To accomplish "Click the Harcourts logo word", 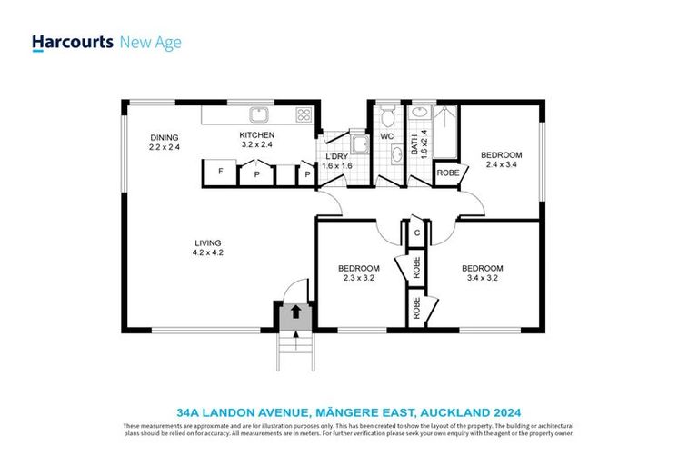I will click(73, 42).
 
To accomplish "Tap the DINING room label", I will click(165, 138).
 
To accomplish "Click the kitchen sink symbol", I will click(259, 114).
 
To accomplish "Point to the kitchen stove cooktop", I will click(304, 114).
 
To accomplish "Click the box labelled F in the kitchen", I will click(220, 172).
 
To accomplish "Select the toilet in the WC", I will click(387, 115).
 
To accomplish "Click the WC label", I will click(386, 137).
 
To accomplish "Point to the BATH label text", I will click(414, 143).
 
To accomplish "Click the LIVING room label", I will click(207, 242).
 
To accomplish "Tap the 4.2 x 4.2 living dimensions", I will click(207, 252).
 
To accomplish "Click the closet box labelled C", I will click(416, 232).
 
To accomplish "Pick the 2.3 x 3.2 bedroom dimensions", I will click(359, 278).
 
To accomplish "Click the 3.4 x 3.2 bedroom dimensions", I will click(482, 278).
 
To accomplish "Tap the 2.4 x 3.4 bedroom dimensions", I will click(502, 165).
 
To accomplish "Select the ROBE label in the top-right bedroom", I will click(447, 173).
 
